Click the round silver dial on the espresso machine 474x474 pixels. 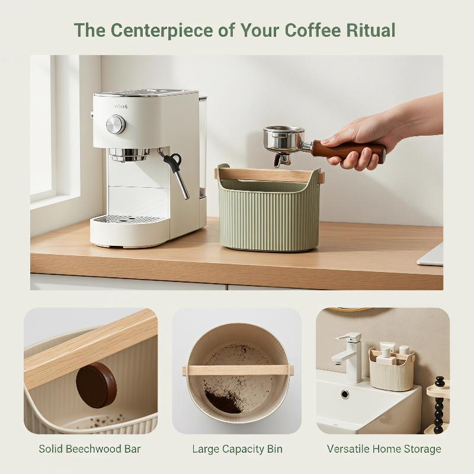click(116, 124)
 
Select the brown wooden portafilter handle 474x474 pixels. click(348, 151)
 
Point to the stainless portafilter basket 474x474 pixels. click(284, 139)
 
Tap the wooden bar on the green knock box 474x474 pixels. click(269, 175)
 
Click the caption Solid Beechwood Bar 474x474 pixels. click(90, 449)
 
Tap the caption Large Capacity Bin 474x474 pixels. click(238, 449)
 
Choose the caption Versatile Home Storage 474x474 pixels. click(384, 449)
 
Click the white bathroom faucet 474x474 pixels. click(349, 357)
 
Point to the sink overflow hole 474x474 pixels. click(345, 394)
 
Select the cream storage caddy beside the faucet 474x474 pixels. click(392, 371)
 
